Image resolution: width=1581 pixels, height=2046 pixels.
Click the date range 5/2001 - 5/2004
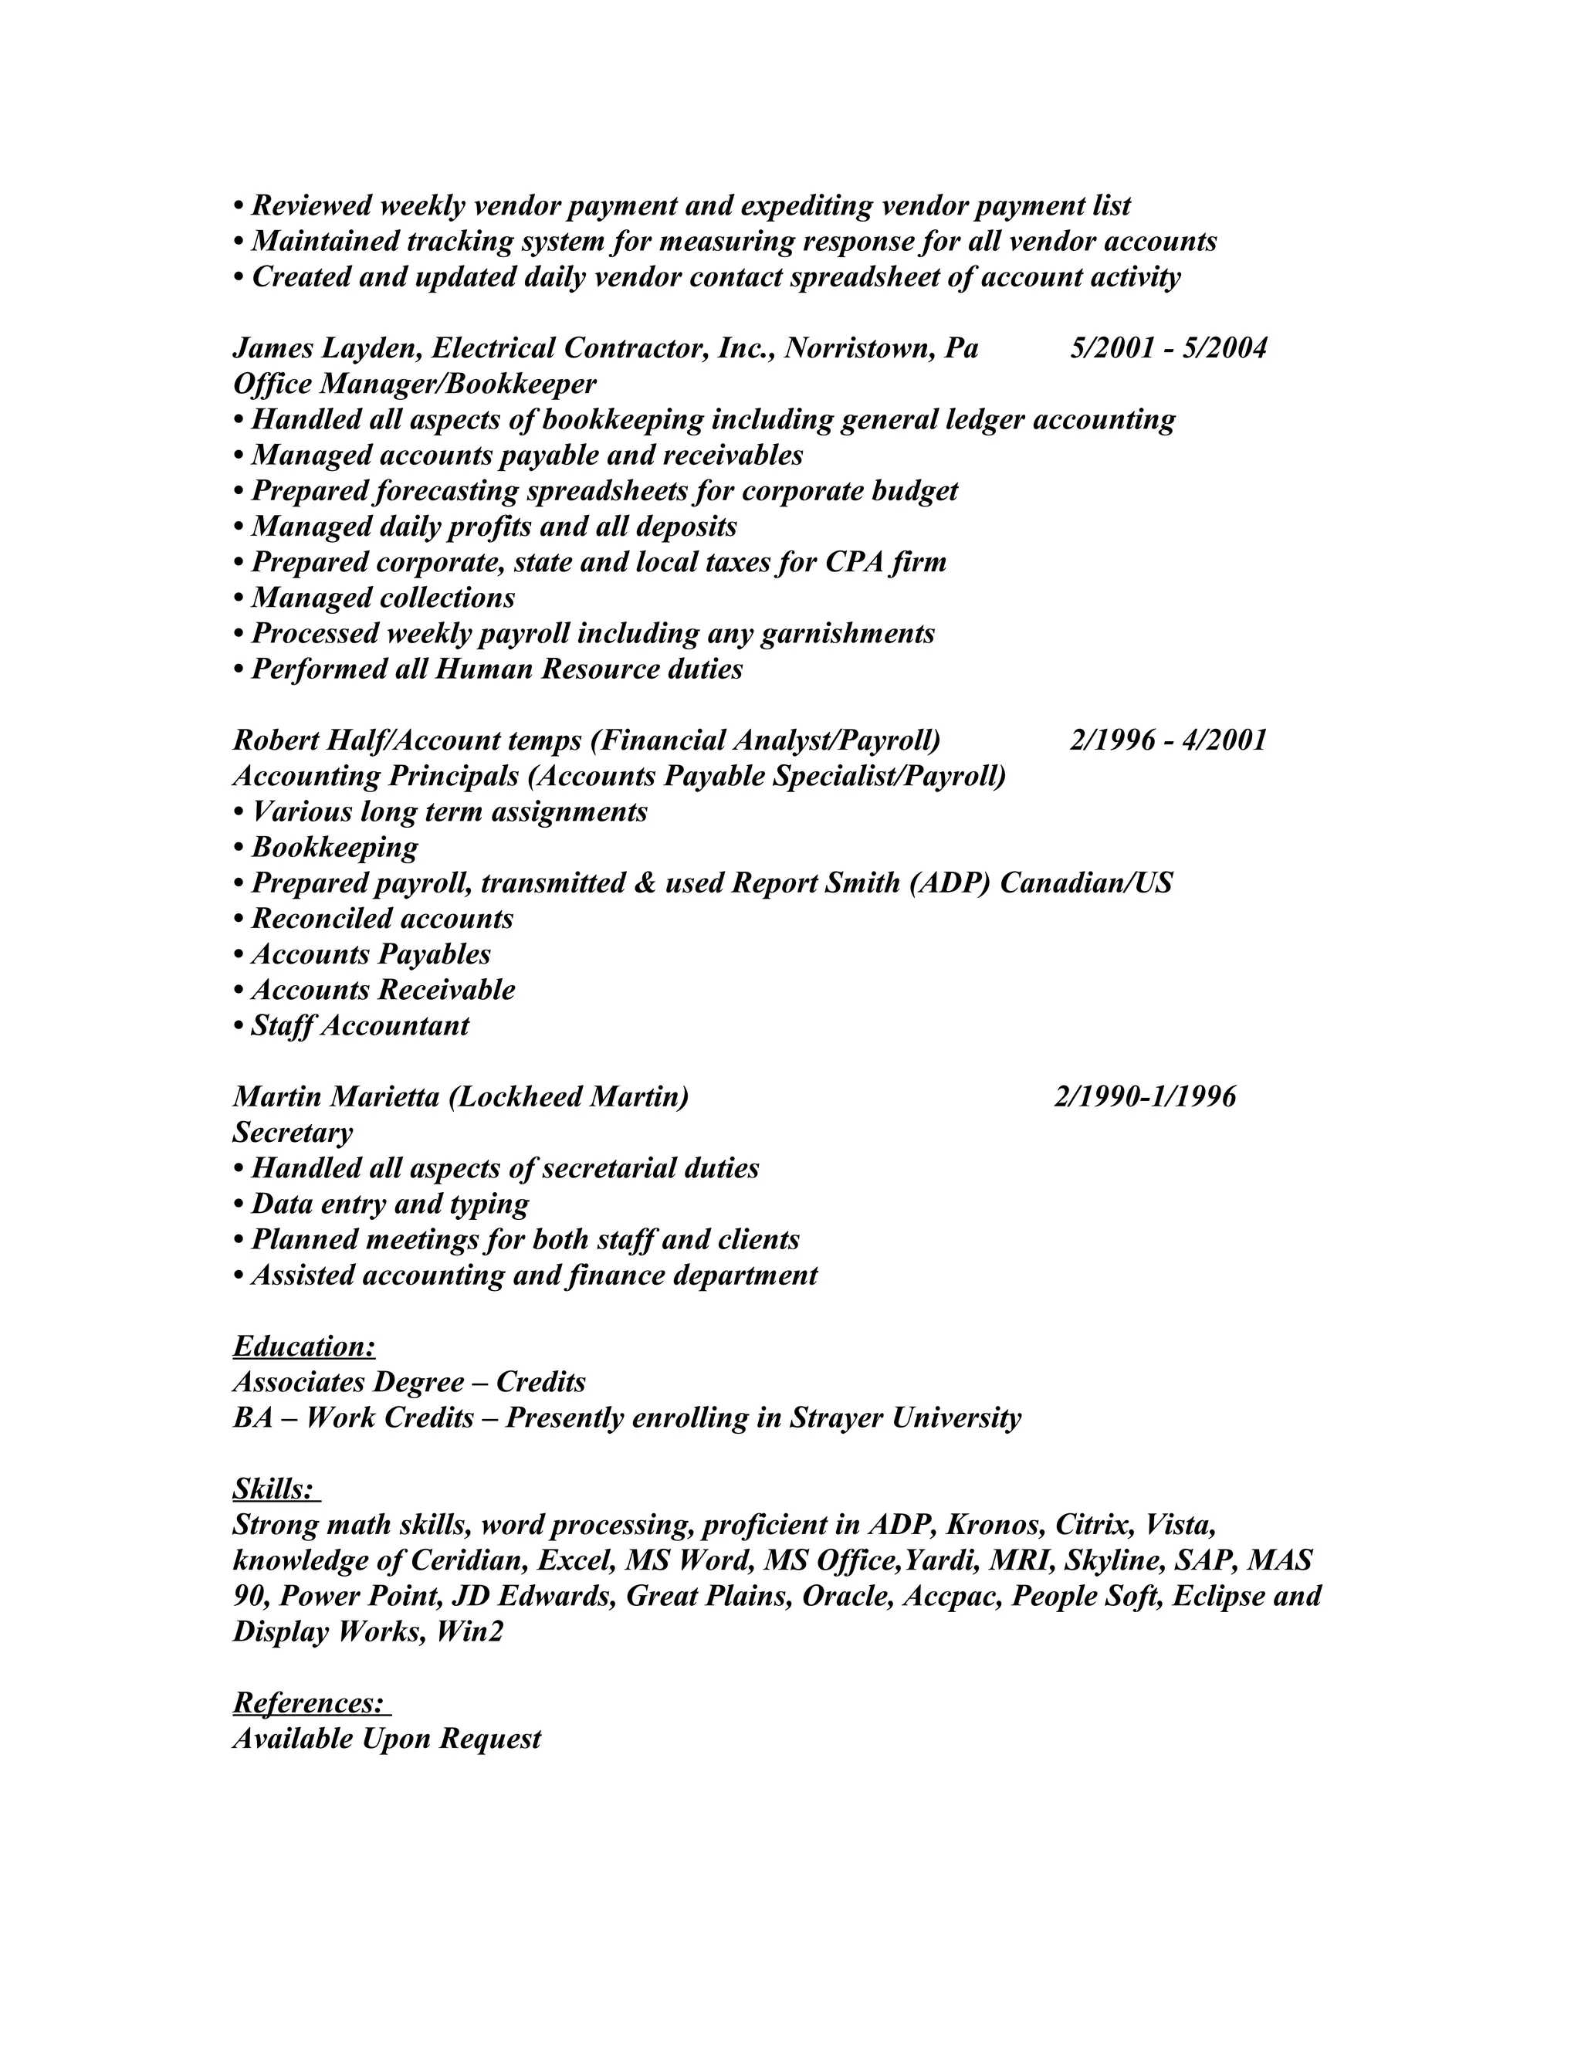[x=1168, y=348]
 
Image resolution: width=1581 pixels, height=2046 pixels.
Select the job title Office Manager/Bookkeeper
[x=414, y=384]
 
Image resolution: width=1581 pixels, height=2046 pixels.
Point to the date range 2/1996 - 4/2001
[x=1168, y=740]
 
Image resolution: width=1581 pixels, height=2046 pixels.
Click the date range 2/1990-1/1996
[x=1145, y=1096]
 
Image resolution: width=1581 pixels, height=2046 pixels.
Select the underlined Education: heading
[x=304, y=1346]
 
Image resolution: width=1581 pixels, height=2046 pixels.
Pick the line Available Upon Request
[x=387, y=1739]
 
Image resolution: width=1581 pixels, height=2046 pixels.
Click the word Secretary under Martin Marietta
[x=293, y=1133]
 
